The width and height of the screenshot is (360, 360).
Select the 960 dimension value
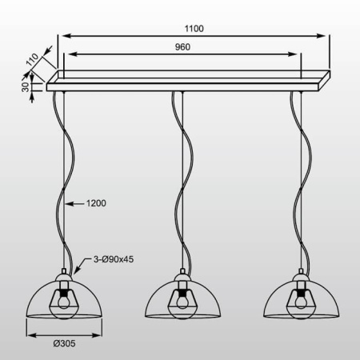click(184, 47)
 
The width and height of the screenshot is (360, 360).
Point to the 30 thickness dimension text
click(25, 84)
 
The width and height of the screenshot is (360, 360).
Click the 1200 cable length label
click(94, 203)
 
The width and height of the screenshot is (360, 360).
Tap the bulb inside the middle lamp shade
click(183, 300)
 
